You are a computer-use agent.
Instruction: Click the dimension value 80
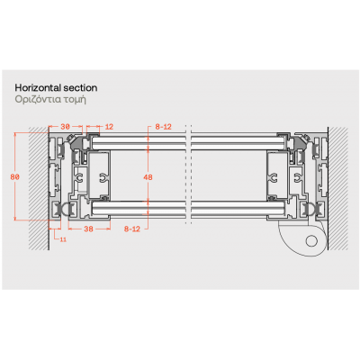click(x=14, y=177)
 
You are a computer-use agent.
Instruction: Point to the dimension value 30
click(x=65, y=127)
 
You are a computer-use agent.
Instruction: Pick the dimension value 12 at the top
click(x=109, y=127)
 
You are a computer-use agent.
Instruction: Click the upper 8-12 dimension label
click(x=163, y=127)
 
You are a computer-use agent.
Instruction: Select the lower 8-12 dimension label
click(x=132, y=229)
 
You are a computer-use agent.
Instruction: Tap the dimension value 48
click(x=148, y=177)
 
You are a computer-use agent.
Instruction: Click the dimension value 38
click(x=88, y=229)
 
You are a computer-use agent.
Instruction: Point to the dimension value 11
click(x=63, y=239)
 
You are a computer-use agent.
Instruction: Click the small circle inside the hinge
click(x=311, y=240)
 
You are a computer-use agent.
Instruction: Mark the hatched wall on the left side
click(x=39, y=188)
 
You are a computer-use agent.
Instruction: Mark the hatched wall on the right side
click(x=338, y=188)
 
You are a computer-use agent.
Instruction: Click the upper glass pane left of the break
click(x=138, y=143)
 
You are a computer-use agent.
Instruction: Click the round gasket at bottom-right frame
click(x=310, y=210)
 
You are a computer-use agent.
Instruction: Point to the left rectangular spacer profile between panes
click(x=99, y=175)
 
